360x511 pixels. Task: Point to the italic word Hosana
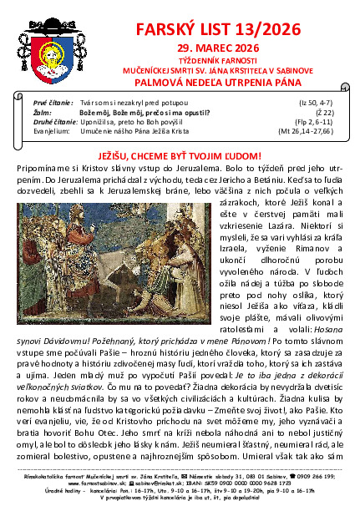pos(330,342)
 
